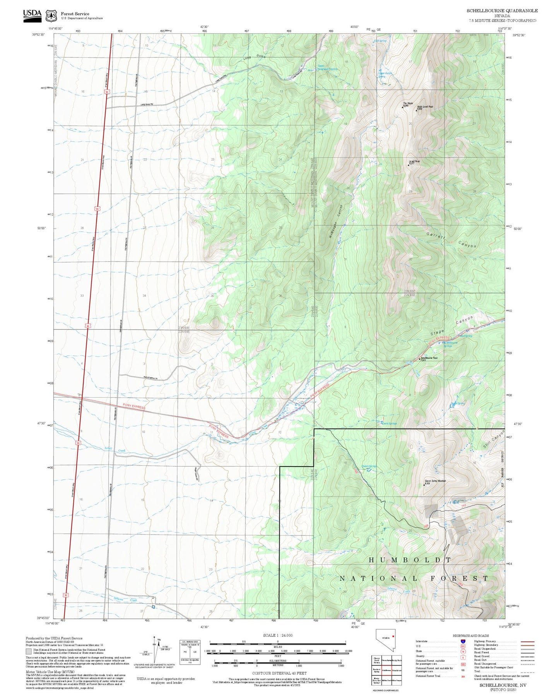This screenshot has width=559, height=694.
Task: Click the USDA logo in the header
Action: [32, 15]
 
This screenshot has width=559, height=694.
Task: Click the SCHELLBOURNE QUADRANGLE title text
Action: [502, 11]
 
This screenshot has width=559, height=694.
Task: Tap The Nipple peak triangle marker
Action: [402, 107]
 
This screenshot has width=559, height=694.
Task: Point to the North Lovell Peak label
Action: [425, 107]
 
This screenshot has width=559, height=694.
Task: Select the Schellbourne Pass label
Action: [429, 358]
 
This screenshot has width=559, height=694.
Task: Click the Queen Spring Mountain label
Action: [435, 481]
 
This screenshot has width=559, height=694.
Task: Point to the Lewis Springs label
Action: [389, 423]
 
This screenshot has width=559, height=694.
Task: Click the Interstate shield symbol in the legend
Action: [463, 641]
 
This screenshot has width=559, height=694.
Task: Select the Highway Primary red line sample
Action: [527, 641]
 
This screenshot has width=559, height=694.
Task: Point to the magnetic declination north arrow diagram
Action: [155, 650]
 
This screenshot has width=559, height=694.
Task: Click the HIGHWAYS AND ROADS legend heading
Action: [471, 636]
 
